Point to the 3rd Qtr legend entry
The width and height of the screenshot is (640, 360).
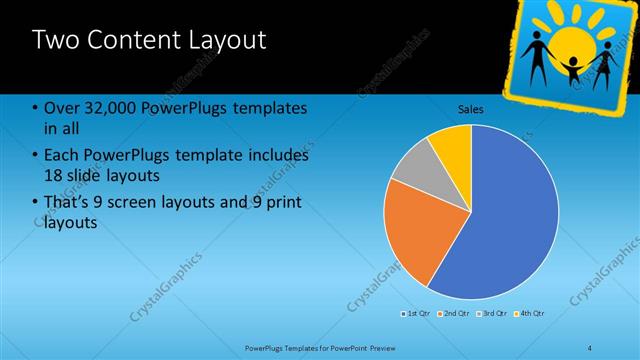pos(494,314)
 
